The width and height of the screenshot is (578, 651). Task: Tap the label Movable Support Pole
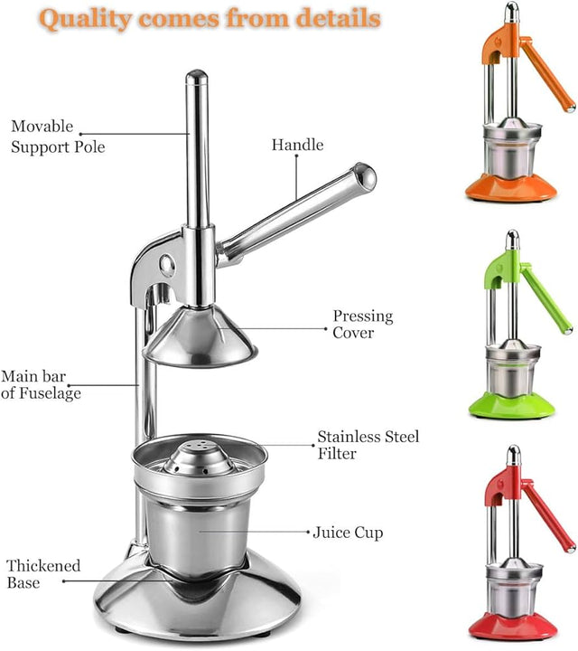pyautogui.click(x=58, y=137)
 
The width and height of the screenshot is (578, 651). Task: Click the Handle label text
pyautogui.click(x=298, y=145)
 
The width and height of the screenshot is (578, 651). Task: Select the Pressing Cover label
pyautogui.click(x=363, y=325)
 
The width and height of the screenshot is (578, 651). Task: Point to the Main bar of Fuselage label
pyautogui.click(x=41, y=385)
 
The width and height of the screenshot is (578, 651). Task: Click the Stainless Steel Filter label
pyautogui.click(x=368, y=445)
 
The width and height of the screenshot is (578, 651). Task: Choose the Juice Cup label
pyautogui.click(x=348, y=533)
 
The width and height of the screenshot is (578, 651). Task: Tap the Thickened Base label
pyautogui.click(x=43, y=574)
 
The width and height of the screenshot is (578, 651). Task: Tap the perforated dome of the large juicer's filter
pyautogui.click(x=199, y=458)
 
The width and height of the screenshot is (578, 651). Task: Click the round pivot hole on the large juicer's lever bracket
pyautogui.click(x=167, y=265)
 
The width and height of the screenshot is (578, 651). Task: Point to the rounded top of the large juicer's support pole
pyautogui.click(x=197, y=76)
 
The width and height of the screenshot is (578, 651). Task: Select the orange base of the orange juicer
pyautogui.click(x=511, y=188)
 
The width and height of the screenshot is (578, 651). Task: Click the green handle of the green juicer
pyautogui.click(x=545, y=297)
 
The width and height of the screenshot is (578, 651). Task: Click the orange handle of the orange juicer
pyautogui.click(x=547, y=74)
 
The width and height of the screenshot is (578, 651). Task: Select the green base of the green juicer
pyautogui.click(x=512, y=405)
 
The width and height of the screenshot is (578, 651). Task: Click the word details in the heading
pyautogui.click(x=338, y=19)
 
